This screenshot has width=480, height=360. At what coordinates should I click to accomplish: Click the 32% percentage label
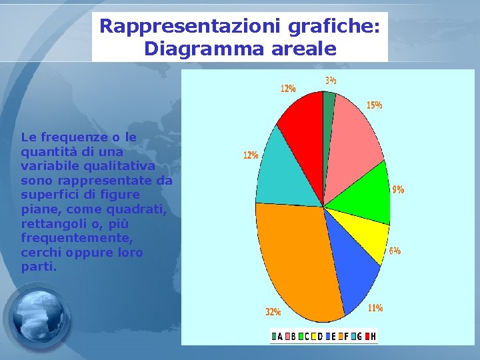(x=273, y=311)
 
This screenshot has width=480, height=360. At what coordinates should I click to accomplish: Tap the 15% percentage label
(x=374, y=105)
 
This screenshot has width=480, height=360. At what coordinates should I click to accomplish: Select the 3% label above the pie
(x=331, y=80)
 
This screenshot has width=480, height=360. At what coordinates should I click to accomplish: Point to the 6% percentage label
(x=395, y=251)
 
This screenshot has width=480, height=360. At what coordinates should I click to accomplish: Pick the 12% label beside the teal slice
(x=251, y=155)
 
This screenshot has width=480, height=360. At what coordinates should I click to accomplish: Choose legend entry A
(x=277, y=337)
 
